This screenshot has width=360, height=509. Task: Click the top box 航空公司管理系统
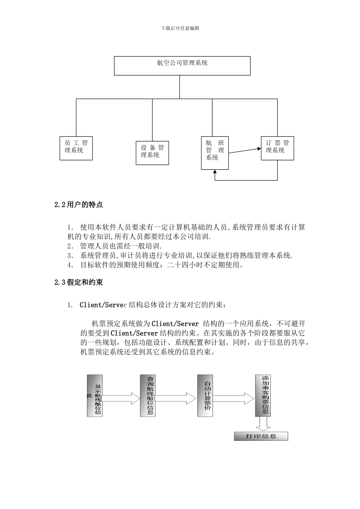tap(182, 66)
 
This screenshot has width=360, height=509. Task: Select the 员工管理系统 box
tap(76, 148)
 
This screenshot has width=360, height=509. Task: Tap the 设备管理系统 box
tap(152, 153)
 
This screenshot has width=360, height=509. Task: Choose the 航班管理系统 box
tap(215, 153)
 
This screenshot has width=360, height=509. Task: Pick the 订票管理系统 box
tap(277, 148)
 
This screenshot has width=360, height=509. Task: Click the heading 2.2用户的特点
tap(78, 205)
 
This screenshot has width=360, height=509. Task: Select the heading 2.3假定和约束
tap(78, 283)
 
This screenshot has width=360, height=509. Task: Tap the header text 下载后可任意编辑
tap(180, 28)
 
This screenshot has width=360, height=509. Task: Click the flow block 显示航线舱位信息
tap(95, 396)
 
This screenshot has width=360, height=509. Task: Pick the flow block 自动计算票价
tap(205, 396)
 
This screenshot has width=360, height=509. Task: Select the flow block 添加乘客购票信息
tap(263, 396)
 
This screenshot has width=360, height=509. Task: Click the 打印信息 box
tap(261, 436)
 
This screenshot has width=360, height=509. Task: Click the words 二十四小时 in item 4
tap(185, 265)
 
